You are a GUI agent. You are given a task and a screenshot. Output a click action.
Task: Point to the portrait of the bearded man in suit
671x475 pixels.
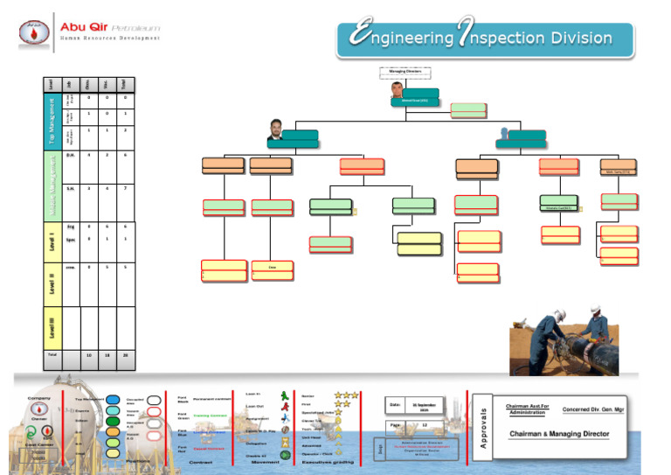pos(276,129)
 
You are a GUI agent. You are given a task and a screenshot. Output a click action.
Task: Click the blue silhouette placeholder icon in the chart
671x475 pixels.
pos(503,134)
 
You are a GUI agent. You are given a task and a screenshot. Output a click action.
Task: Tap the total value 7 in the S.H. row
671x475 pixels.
pos(126,188)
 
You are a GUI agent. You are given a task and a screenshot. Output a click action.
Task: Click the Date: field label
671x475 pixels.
pos(396,405)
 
